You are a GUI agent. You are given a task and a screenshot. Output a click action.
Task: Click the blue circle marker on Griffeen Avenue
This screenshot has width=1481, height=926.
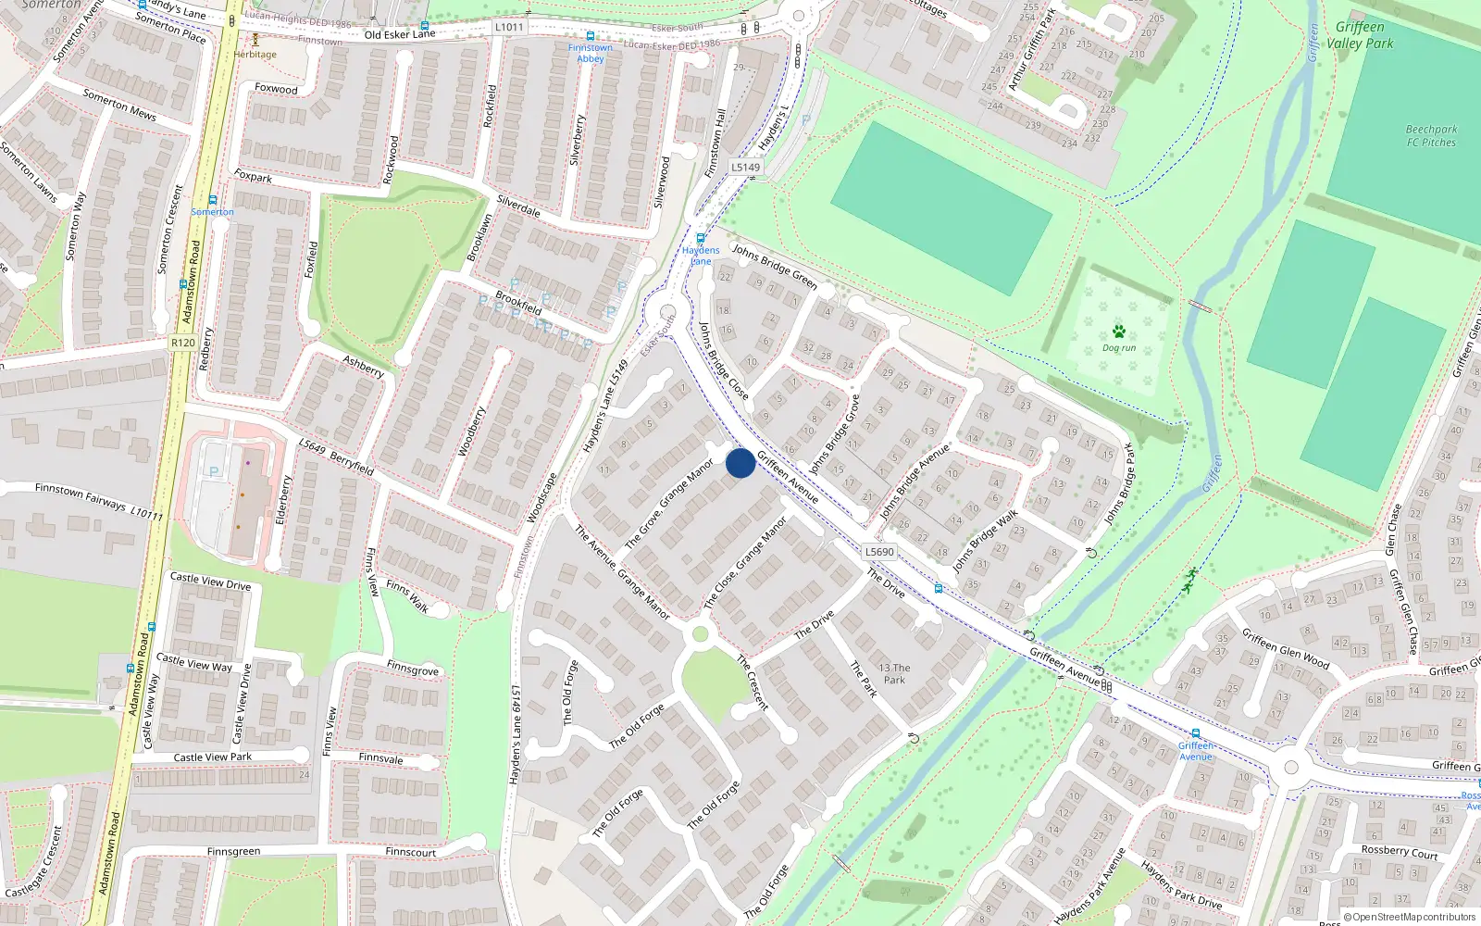tap(740, 463)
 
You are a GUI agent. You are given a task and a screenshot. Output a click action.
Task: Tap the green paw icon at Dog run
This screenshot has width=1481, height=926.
tap(1118, 332)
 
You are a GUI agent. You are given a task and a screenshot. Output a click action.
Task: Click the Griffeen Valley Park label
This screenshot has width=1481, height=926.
tap(1360, 35)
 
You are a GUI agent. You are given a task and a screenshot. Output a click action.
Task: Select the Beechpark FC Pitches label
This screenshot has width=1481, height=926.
tap(1431, 136)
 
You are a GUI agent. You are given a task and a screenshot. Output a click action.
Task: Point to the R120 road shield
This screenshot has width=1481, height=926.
tap(183, 343)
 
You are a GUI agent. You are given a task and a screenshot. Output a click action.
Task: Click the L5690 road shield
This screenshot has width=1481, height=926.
tap(879, 552)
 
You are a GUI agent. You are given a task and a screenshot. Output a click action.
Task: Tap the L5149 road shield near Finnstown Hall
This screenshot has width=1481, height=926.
tap(745, 168)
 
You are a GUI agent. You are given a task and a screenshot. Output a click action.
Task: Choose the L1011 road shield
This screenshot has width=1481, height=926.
tap(508, 28)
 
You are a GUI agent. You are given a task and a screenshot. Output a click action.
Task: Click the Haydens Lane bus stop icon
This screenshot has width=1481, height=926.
tap(701, 238)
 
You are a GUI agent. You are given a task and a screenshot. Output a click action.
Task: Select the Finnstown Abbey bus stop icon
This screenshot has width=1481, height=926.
tap(590, 37)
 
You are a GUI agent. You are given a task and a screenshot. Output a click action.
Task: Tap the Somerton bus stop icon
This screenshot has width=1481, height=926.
tap(213, 200)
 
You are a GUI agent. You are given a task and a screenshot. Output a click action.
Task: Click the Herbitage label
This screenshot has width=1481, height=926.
tap(255, 55)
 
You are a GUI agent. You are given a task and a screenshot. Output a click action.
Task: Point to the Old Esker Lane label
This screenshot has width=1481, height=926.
tap(399, 34)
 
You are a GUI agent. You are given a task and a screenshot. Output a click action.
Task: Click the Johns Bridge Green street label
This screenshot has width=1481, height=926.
tap(774, 266)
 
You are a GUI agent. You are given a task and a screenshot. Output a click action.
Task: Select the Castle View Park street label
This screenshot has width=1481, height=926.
tap(213, 757)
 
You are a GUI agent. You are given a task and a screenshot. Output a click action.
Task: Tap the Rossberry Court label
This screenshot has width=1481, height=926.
tap(1399, 851)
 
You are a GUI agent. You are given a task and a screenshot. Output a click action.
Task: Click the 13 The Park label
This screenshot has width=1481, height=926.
tap(894, 673)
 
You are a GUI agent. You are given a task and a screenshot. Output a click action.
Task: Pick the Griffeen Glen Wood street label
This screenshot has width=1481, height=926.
tap(1285, 648)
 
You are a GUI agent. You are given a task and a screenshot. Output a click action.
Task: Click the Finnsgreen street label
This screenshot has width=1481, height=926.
tap(233, 852)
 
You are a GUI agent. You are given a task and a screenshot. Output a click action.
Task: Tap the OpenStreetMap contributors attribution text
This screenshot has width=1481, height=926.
tap(1409, 918)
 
